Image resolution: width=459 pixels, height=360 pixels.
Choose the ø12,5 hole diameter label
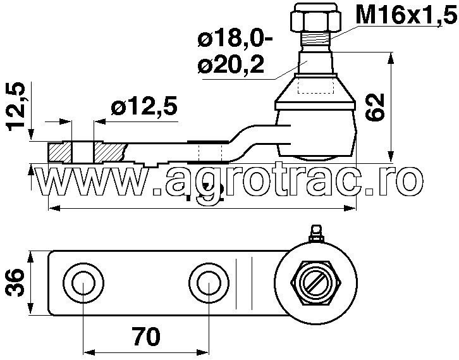(144, 106)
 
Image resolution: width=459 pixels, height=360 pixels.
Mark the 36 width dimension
(17, 283)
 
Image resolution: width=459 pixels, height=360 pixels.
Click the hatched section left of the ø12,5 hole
(59, 152)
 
